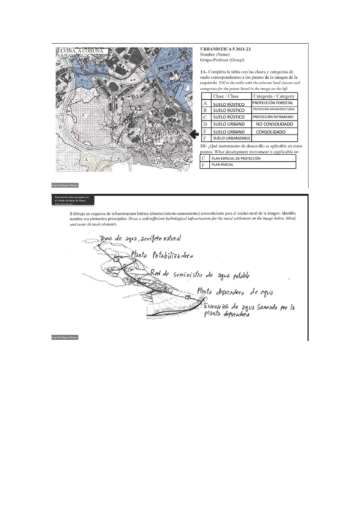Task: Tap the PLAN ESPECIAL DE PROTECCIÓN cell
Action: pyautogui.click(x=235, y=158)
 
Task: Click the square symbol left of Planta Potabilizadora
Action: pyautogui.click(x=115, y=259)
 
